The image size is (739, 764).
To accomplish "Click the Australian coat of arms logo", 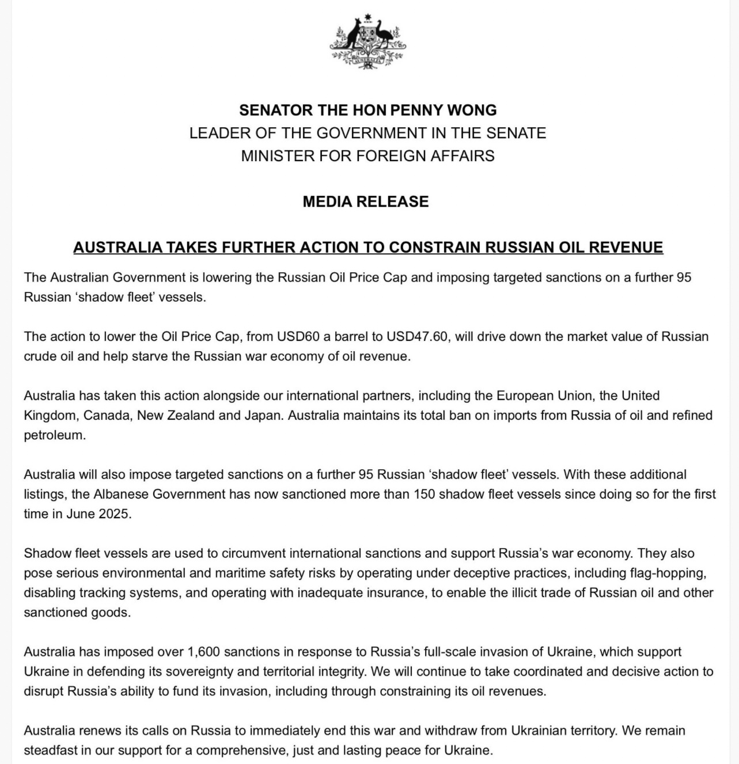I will coord(368,41).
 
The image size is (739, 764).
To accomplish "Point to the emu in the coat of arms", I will coord(384,36).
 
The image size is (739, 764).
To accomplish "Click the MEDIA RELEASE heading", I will coord(366,202).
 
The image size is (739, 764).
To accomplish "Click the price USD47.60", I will coord(417,336).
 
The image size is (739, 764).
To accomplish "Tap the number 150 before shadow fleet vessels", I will coord(424,494).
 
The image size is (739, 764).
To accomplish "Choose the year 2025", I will coord(113,514).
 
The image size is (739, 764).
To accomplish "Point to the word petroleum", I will coord(54,435).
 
